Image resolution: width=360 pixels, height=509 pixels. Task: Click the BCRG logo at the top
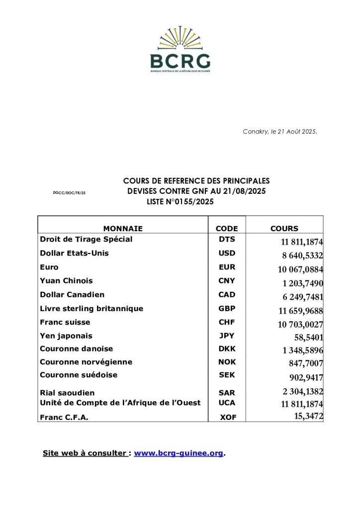[x=180, y=50]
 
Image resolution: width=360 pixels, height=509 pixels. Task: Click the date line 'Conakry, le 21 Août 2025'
[x=280, y=132]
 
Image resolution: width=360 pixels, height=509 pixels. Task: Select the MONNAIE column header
[x=123, y=229]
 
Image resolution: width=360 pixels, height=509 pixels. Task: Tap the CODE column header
[x=227, y=229]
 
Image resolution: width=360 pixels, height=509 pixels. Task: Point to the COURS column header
[x=284, y=229]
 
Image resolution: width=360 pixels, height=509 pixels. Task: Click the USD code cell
[x=227, y=253]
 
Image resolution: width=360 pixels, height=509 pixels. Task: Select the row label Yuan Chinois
[x=66, y=281]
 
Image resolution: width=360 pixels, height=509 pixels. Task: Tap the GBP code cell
[x=227, y=309]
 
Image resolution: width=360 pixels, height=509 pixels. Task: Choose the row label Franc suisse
[x=65, y=322]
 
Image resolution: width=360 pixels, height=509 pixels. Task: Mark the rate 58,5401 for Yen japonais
[x=309, y=337]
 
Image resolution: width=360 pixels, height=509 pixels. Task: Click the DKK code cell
[x=227, y=349]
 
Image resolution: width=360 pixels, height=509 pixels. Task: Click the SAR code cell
[x=227, y=393]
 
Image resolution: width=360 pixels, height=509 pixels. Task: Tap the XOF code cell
[x=228, y=418]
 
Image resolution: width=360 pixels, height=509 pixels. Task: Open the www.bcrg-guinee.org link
[x=179, y=453]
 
